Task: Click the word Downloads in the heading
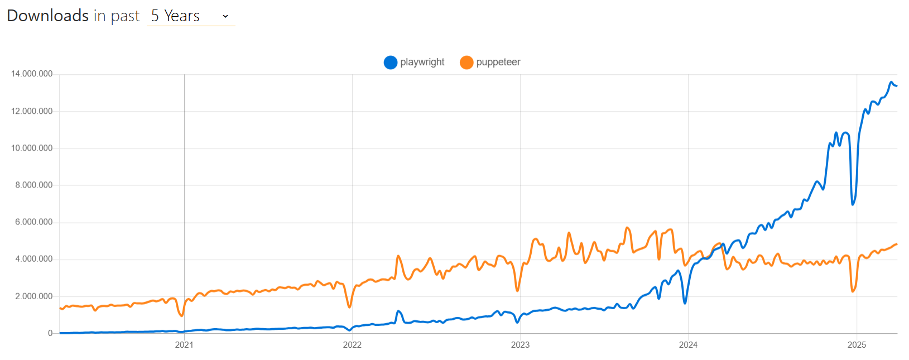tap(48, 16)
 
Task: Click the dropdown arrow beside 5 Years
tap(225, 16)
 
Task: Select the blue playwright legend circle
tap(391, 63)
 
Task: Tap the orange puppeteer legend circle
tap(466, 63)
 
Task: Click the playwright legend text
tap(422, 62)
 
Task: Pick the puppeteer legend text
tap(498, 62)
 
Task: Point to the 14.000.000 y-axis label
tap(32, 74)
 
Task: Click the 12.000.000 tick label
tap(32, 111)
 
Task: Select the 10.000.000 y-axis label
tap(32, 148)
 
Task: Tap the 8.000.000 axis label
tap(34, 185)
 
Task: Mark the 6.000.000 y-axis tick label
tap(34, 222)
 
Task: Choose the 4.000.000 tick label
tap(34, 259)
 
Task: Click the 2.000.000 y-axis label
tap(34, 296)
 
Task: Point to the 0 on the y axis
tap(50, 333)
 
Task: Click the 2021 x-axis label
tap(184, 345)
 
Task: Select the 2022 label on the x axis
tap(352, 345)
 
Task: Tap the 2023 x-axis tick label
tap(520, 345)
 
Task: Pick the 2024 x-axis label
tap(688, 345)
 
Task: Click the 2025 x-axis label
tap(857, 345)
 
